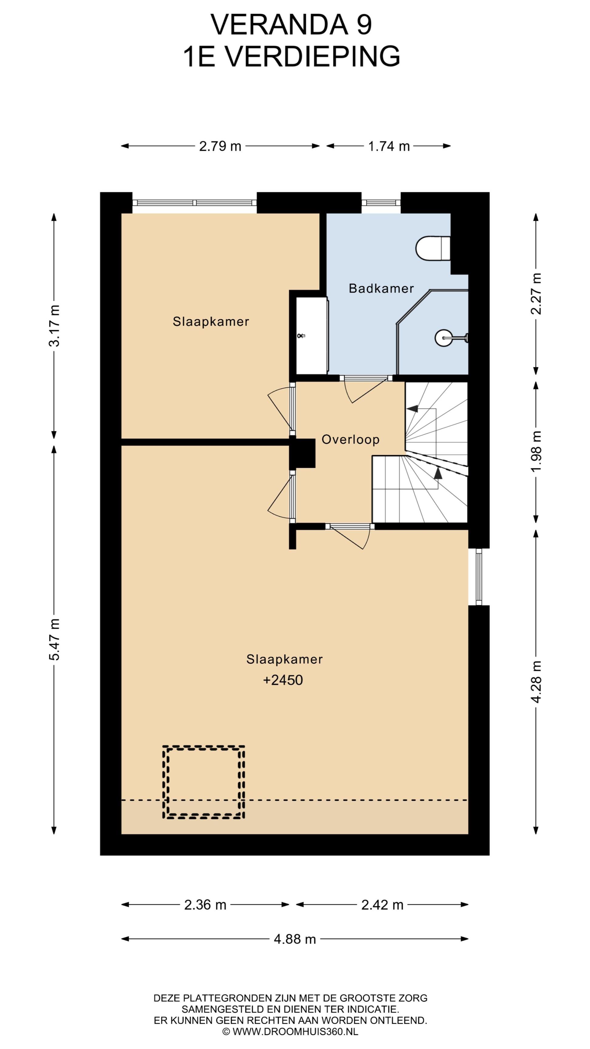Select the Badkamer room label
pos(381,288)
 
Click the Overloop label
pos(351,440)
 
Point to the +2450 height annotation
pos(283,680)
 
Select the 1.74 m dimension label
pos(389,146)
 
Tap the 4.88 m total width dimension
pos(295,939)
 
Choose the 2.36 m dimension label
pos(205,905)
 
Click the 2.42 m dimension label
pos(382,905)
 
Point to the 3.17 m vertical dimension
pos(54,326)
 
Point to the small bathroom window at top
pos(381,203)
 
